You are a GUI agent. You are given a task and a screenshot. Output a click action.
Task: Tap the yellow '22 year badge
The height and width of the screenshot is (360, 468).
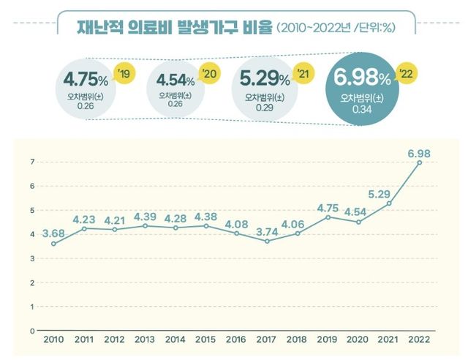pyautogui.click(x=406, y=73)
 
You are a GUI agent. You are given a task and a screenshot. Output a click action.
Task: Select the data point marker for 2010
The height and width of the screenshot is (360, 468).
pyautogui.click(x=53, y=244)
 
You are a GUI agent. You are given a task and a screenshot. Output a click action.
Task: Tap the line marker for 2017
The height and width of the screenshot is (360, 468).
pyautogui.click(x=268, y=241)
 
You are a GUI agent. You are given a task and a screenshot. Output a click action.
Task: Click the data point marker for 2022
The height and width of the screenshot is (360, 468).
pyautogui.click(x=420, y=162)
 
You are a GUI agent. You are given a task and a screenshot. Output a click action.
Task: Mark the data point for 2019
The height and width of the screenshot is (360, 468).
pyautogui.click(x=328, y=217)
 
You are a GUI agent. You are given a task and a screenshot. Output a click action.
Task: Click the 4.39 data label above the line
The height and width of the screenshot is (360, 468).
pyautogui.click(x=146, y=217)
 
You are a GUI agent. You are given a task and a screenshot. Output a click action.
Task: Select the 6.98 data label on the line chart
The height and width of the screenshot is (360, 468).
pyautogui.click(x=419, y=151)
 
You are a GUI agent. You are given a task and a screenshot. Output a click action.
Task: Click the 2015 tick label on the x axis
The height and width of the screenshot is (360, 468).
pyautogui.click(x=206, y=340)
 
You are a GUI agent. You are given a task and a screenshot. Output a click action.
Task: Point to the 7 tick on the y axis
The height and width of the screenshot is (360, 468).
pyautogui.click(x=31, y=162)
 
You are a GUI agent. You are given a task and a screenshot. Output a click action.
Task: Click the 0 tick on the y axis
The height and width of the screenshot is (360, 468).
pyautogui.click(x=31, y=331)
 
